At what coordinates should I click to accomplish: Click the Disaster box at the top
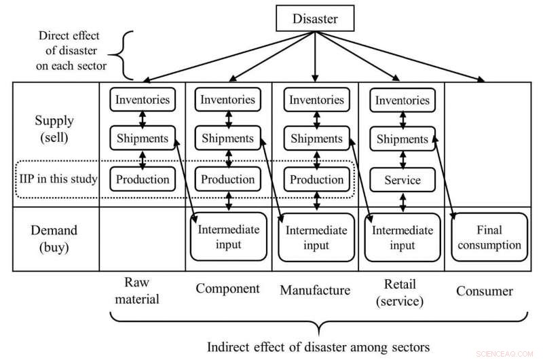pos(314,18)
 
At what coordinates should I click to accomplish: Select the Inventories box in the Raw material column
pos(142,99)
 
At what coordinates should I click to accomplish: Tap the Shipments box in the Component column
pos(228,139)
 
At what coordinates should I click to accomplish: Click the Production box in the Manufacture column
pos(316,180)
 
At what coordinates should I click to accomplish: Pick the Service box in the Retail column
pos(402,180)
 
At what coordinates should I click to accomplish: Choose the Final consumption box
pos(489,238)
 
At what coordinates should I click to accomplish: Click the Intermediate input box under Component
pos(228,237)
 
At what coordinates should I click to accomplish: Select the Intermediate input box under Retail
pos(402,238)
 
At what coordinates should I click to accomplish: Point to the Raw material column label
pos(142,290)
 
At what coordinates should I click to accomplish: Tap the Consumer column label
pos(485,291)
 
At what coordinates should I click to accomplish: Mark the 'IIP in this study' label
pos(57,180)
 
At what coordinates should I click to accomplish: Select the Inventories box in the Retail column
pos(402,101)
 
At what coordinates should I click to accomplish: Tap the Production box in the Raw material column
pos(142,179)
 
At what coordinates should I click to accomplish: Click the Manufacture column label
pos(315,291)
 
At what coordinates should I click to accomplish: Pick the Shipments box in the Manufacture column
pos(316,139)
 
